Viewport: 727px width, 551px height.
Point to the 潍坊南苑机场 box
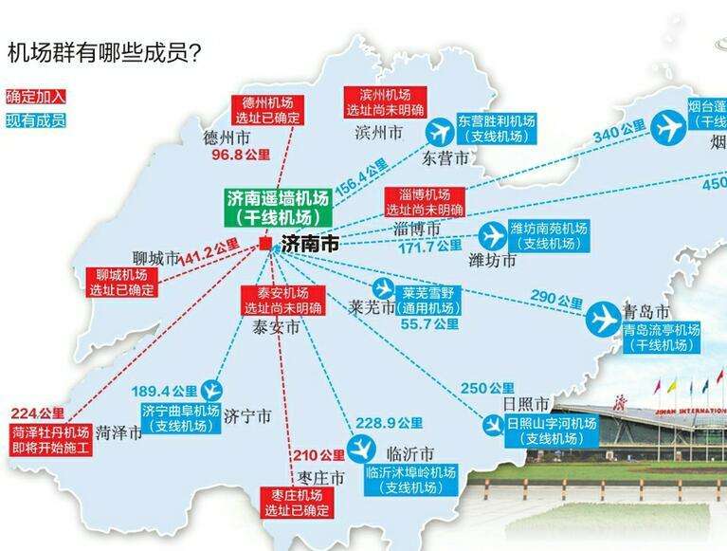[549, 236]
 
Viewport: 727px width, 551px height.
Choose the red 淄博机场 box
[424, 201]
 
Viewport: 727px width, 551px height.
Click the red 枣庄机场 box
[296, 504]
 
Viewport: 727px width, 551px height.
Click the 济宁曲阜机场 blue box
[179, 418]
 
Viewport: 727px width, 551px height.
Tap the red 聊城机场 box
[120, 283]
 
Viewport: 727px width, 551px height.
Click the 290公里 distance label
[557, 301]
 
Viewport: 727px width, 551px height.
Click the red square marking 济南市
[264, 244]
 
